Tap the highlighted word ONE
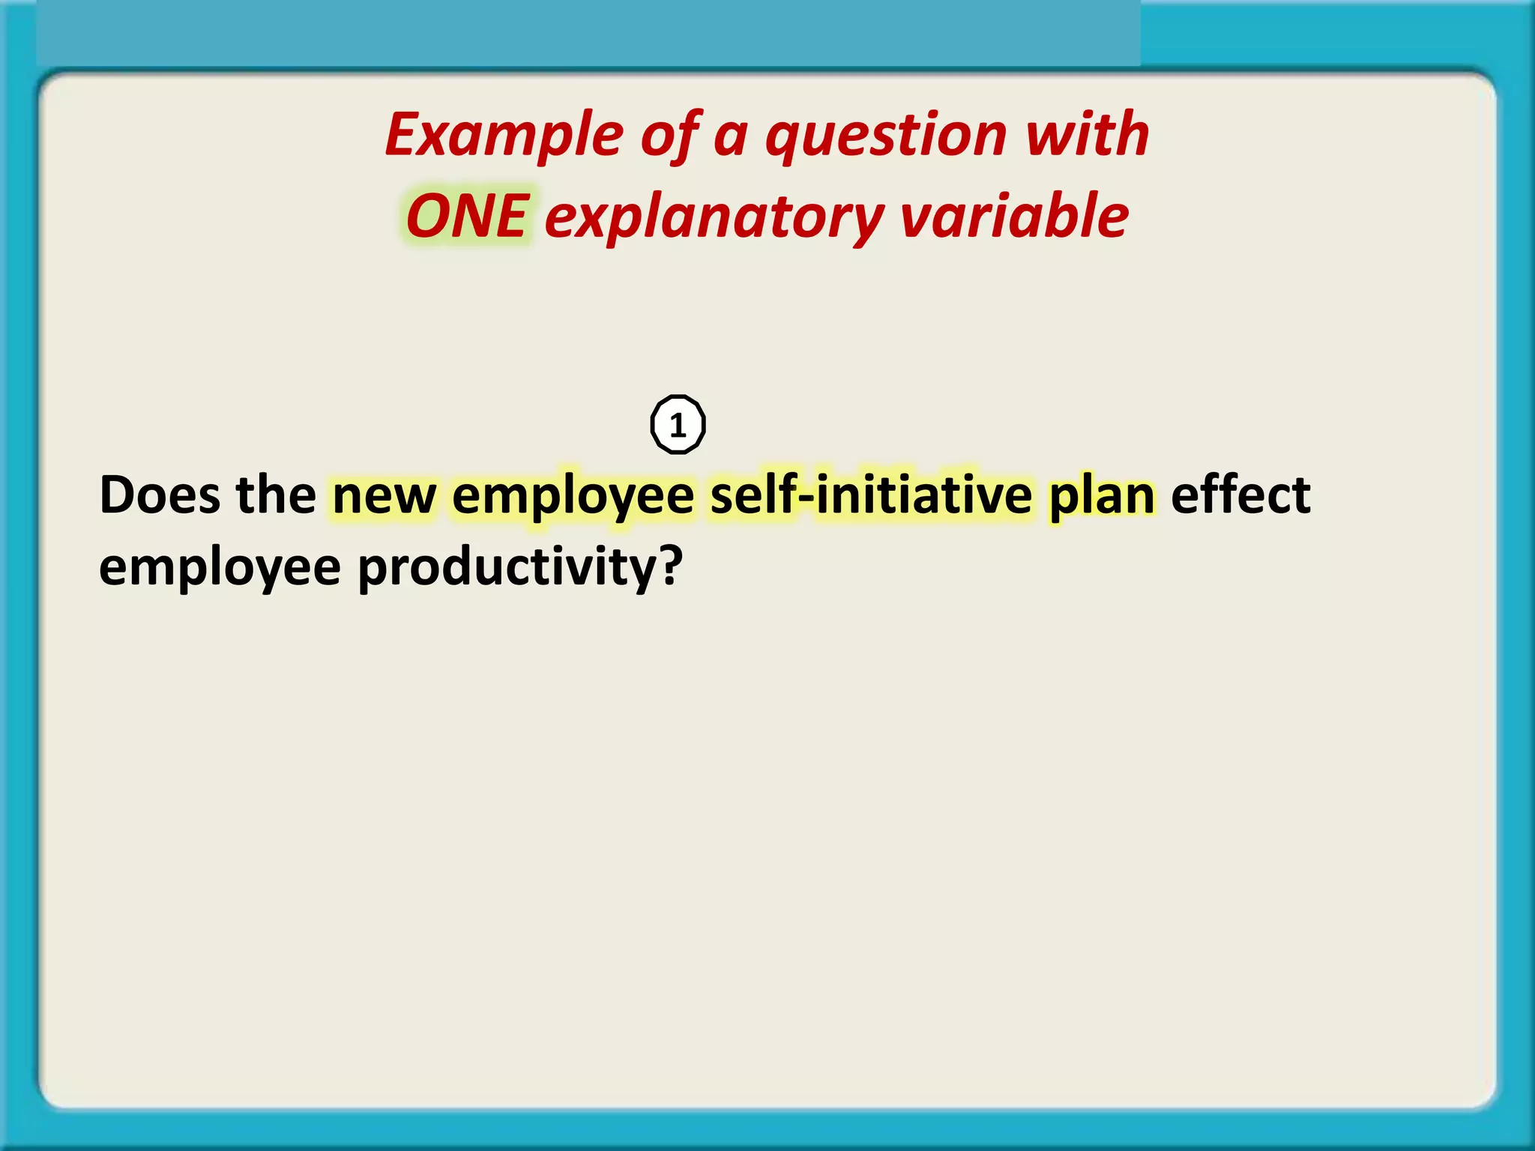[x=468, y=217]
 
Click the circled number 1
[x=678, y=425]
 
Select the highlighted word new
[x=384, y=497]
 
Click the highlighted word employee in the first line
[x=573, y=497]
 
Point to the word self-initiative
[x=871, y=495]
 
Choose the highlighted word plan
[x=1102, y=497]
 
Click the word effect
[x=1240, y=495]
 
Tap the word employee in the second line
[x=220, y=568]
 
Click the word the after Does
[x=276, y=495]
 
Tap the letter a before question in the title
[x=731, y=139]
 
